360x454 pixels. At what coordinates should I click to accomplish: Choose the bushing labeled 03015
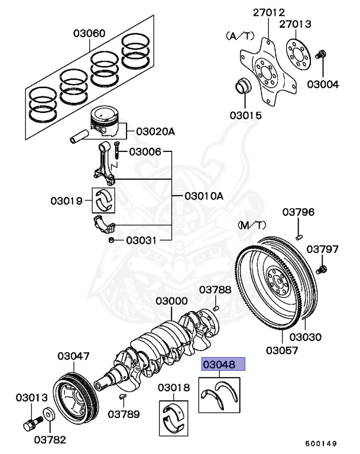(x=243, y=86)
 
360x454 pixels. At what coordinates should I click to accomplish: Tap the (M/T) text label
(x=252, y=225)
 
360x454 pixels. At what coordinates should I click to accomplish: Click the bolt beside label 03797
(x=322, y=270)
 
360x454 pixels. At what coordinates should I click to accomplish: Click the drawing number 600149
(x=322, y=443)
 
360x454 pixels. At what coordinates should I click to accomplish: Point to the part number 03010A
(x=203, y=196)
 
